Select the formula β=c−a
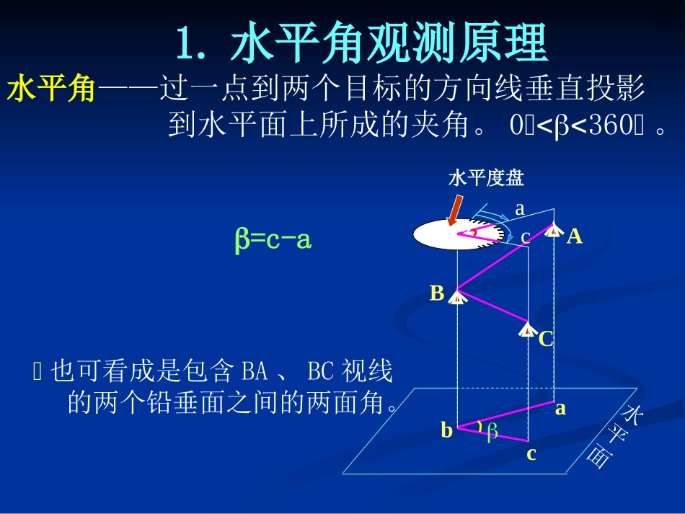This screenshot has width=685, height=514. click(273, 239)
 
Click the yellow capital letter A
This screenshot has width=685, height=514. click(575, 236)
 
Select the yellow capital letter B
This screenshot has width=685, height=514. click(437, 293)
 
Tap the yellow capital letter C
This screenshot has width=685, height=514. click(546, 339)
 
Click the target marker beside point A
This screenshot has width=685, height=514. click(554, 230)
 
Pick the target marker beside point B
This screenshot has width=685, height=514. click(457, 296)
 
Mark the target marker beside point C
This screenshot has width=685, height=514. click(529, 329)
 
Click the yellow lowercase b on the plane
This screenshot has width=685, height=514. click(447, 430)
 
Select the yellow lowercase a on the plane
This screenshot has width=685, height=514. click(560, 409)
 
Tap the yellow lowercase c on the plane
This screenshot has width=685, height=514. click(531, 453)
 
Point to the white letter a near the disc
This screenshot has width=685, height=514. click(519, 209)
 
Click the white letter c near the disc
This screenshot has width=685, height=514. click(525, 236)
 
